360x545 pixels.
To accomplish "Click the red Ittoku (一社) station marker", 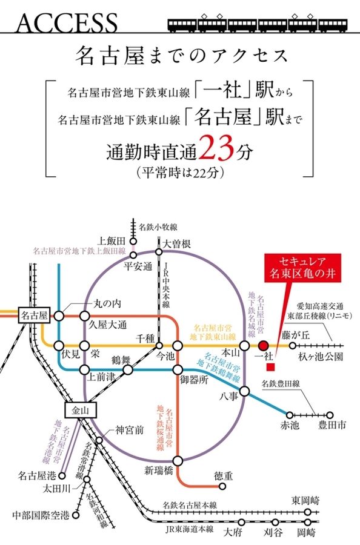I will point(263,346).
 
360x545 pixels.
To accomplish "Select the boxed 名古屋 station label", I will point(34,315).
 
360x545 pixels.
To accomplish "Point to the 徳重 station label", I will point(224,476).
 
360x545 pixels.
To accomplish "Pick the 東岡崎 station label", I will point(304,500).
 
